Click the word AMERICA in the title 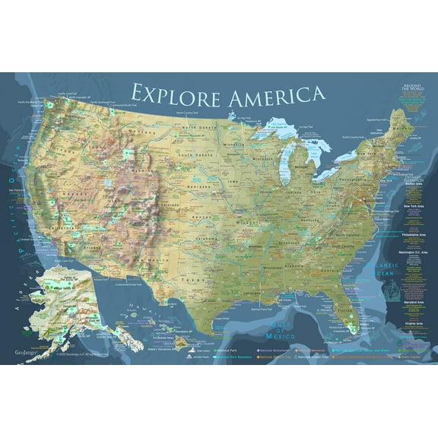pyautogui.click(x=273, y=95)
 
